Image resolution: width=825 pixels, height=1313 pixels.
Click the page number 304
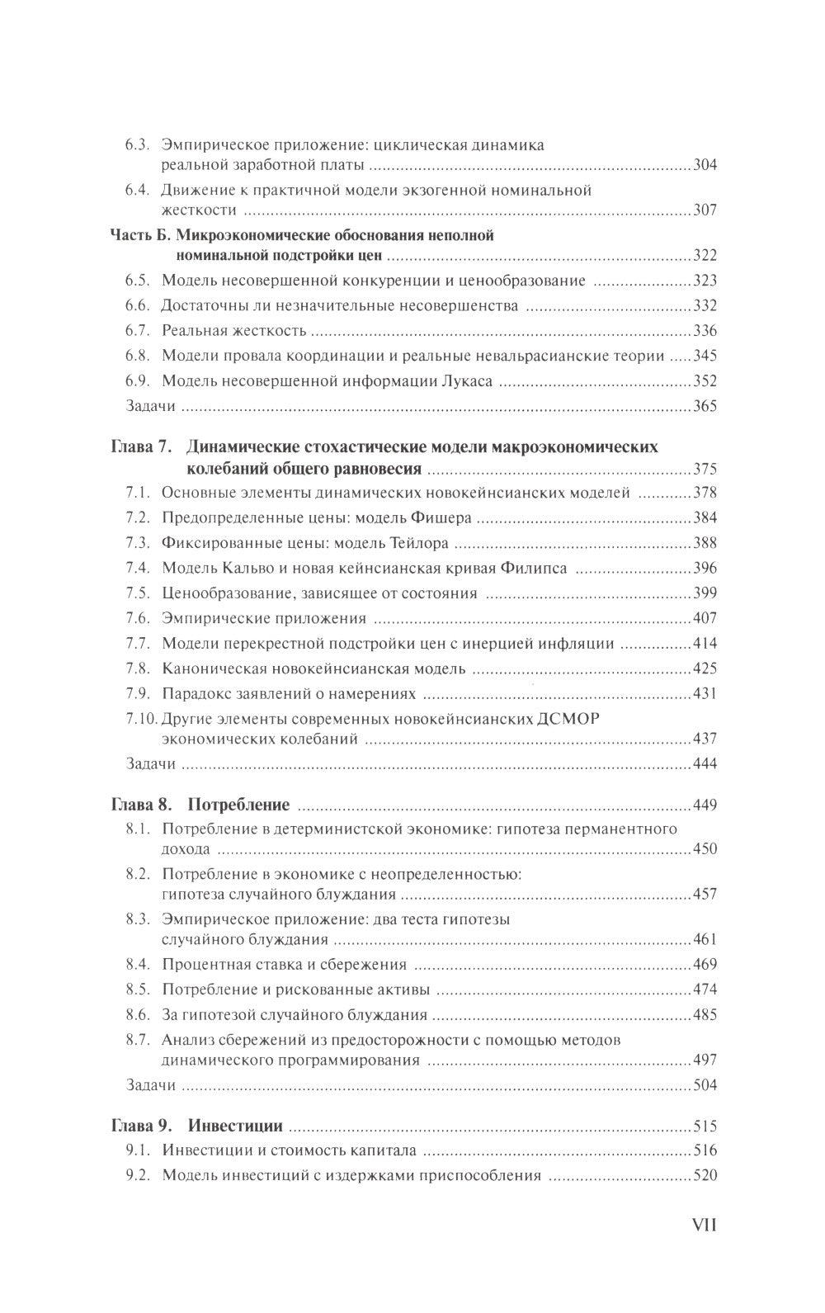705,165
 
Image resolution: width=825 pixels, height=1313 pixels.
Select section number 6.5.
136,281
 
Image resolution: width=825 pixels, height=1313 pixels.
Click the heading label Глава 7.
140,447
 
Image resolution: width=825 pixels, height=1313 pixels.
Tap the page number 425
705,668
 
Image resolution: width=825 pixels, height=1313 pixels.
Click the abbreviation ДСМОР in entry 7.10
566,718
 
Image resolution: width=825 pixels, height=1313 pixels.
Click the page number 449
705,805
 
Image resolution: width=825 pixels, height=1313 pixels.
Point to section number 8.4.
136,964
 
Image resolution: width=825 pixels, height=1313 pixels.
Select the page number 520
705,1176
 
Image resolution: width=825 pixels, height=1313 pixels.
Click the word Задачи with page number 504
150,1084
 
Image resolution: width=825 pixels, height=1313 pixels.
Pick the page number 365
705,406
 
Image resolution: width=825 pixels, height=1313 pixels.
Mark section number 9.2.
136,1176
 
